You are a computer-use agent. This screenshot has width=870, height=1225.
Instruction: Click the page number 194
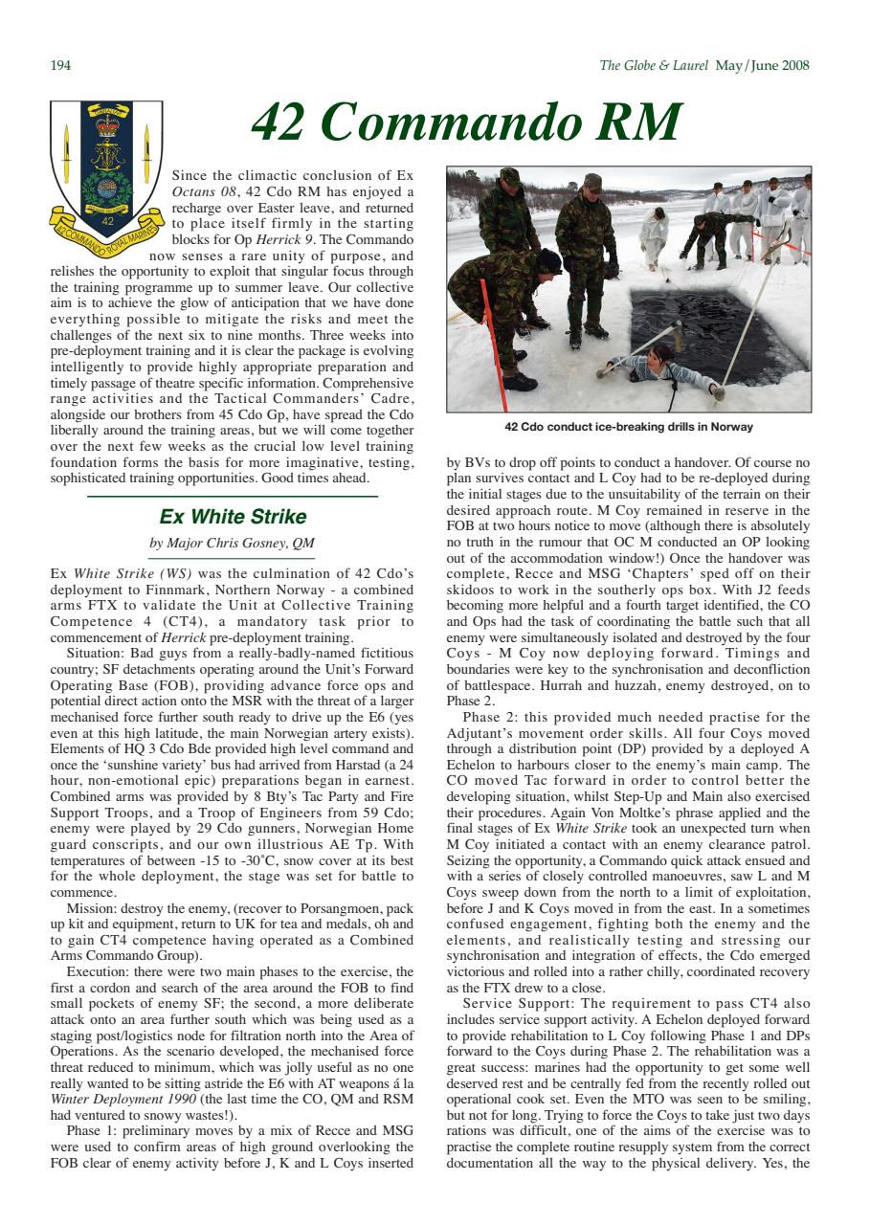[59, 66]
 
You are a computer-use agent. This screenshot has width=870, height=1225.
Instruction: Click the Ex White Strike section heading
[233, 517]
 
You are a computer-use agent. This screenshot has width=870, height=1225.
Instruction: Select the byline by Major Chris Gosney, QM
[233, 544]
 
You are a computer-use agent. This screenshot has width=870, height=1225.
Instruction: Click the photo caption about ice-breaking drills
[628, 427]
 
